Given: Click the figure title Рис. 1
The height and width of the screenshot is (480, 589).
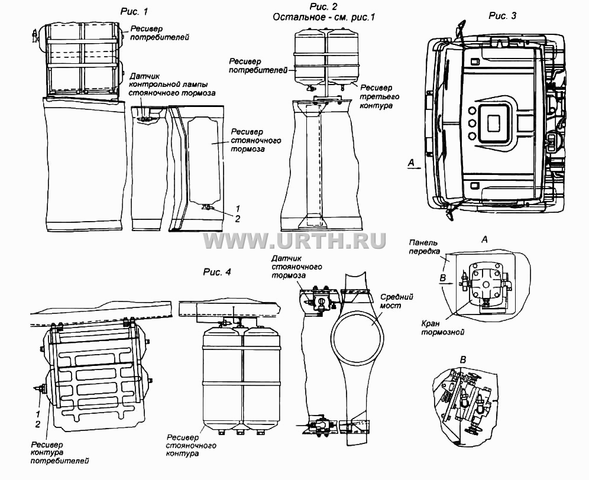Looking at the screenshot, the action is click(x=134, y=11).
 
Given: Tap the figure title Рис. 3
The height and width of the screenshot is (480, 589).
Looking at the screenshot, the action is click(x=502, y=15).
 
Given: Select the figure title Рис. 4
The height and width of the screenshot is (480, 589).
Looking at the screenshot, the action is click(x=217, y=271).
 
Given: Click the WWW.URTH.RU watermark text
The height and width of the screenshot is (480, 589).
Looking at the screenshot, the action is click(x=295, y=241).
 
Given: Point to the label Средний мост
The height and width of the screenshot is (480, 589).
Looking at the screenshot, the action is click(x=396, y=300).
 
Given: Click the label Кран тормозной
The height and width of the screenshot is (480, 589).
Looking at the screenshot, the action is click(x=442, y=327).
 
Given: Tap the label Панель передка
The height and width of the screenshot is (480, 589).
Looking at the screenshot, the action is click(x=424, y=247).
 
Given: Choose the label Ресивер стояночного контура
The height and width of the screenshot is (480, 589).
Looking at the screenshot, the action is click(x=191, y=446).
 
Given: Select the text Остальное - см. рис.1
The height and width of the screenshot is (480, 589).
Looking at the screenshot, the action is click(x=324, y=17).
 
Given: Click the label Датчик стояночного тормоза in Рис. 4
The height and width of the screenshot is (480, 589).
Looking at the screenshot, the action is click(x=297, y=267).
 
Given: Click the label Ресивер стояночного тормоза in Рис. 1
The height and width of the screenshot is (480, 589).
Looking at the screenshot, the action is click(x=256, y=141).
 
